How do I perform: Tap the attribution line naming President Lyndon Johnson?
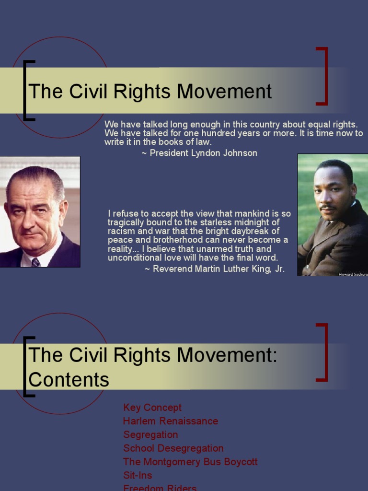pos(199,153)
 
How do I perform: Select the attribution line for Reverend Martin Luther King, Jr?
pos(215,269)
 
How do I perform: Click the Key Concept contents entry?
pos(152,408)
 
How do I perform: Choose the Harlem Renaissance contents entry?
pos(171,421)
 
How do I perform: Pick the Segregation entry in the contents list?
pos(150,435)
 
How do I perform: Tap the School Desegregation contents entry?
pos(173,448)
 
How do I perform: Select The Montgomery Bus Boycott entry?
pos(190,462)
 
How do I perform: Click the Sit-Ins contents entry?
pos(138,475)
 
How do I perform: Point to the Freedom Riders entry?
pos(160,488)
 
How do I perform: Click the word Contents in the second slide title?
pos(69,380)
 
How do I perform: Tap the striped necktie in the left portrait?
pos(35,262)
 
